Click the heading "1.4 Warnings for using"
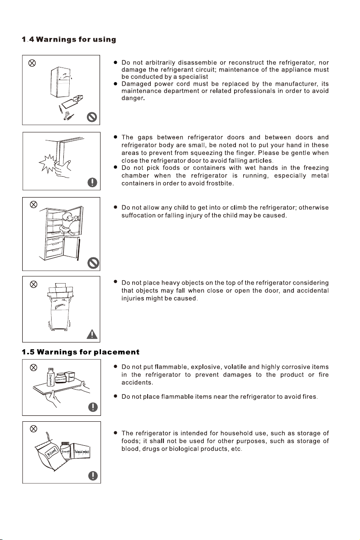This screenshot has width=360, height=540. click(x=69, y=40)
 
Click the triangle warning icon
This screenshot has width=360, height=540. click(x=92, y=335)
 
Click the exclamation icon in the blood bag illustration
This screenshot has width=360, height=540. click(x=92, y=475)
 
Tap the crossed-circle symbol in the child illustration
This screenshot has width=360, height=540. click(x=33, y=204)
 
